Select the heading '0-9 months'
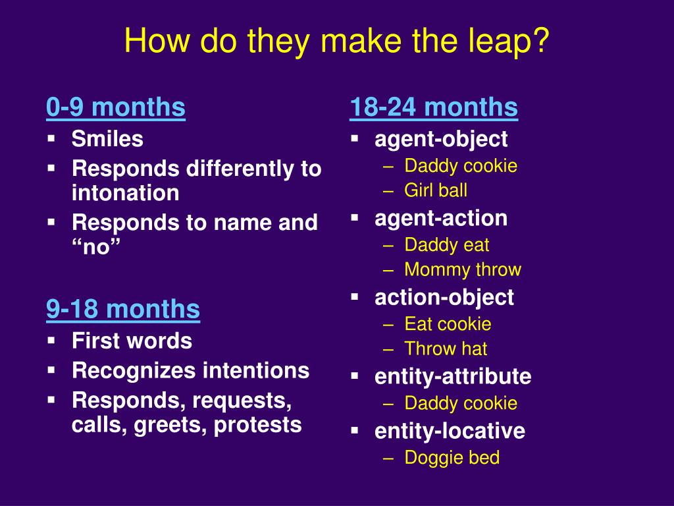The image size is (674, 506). [116, 107]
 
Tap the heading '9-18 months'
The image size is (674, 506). [123, 309]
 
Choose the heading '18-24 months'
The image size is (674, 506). [434, 107]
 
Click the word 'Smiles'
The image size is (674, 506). [107, 139]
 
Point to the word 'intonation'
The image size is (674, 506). [126, 192]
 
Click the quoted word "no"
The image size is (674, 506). [96, 246]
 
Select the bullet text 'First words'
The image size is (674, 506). [132, 341]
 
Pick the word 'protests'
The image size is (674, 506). [257, 425]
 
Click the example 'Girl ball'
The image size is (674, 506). [436, 190]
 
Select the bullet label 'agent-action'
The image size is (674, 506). [441, 218]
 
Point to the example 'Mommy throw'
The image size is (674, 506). [463, 269]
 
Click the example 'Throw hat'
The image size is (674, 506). [446, 349]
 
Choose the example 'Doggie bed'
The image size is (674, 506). [452, 457]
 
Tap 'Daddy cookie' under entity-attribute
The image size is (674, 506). [461, 403]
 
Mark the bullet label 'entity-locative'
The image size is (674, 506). [450, 431]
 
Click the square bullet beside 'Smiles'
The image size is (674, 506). [51, 138]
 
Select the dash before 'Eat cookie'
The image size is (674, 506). [388, 325]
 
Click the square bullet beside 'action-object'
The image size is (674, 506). [355, 297]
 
